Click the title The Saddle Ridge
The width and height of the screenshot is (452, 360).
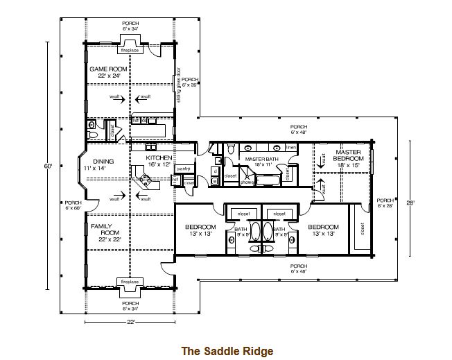click(x=227, y=351)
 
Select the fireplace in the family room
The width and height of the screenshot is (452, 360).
click(x=130, y=282)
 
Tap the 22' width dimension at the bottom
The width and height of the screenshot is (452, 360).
click(x=130, y=322)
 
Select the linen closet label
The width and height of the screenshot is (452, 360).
click(x=290, y=148)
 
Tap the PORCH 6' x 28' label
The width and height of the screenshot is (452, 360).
click(x=385, y=203)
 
